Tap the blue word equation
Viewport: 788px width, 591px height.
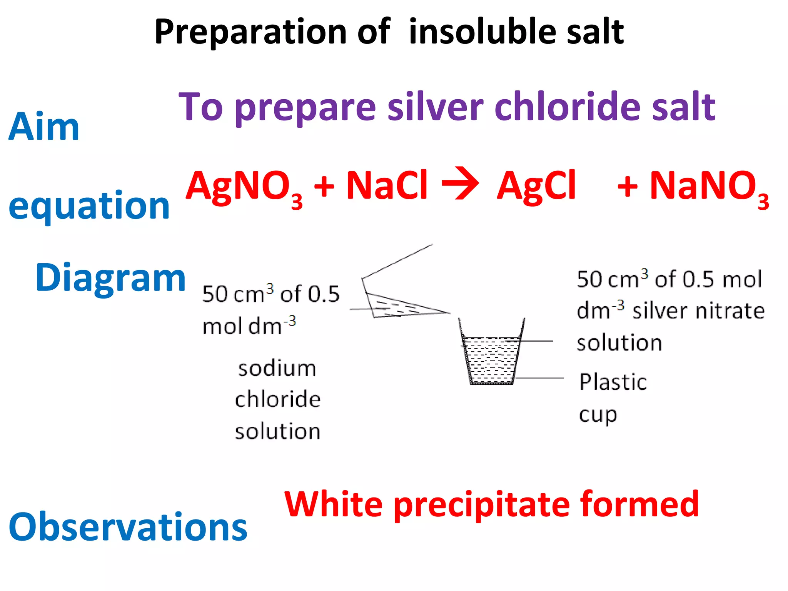click(89, 206)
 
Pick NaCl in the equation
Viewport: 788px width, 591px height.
click(387, 185)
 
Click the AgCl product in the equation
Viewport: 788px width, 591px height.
click(536, 186)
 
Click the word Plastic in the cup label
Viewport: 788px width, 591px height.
click(613, 382)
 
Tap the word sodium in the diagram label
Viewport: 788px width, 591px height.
click(277, 368)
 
